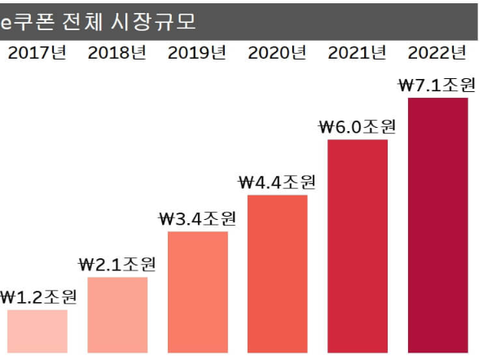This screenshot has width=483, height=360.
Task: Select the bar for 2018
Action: point(116,314)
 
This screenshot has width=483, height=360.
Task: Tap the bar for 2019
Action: point(197,292)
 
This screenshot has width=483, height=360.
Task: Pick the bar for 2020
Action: point(277,273)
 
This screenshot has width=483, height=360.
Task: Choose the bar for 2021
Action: point(358,245)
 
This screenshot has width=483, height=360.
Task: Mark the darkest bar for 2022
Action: point(437,224)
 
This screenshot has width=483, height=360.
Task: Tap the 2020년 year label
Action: point(277,55)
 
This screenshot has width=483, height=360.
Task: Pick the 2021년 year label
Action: point(358,55)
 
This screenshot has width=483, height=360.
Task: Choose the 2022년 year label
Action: point(437,55)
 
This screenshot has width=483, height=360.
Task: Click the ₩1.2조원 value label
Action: point(38,296)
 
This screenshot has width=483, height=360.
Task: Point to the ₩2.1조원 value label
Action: point(117,264)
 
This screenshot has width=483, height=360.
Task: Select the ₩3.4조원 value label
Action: point(197,218)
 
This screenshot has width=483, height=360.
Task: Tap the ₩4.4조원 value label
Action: point(277,182)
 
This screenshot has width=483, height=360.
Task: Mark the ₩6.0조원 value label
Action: point(357,126)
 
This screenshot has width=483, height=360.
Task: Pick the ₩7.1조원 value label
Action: point(437,84)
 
